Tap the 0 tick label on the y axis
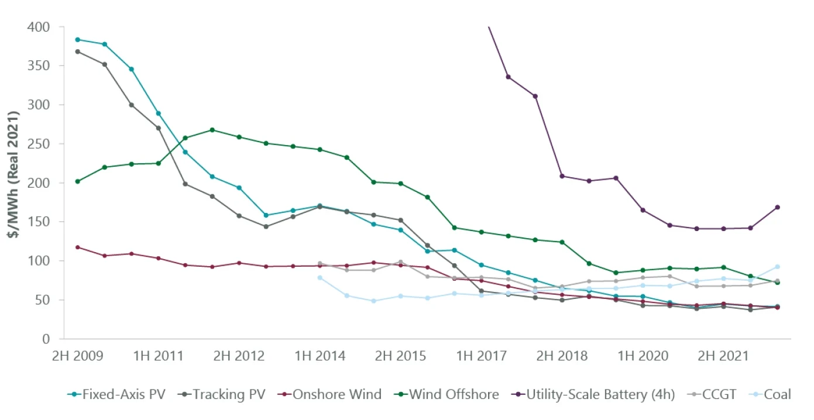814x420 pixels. [x=45, y=339]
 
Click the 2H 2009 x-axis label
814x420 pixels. [x=78, y=356]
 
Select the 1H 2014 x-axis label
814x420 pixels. [x=320, y=356]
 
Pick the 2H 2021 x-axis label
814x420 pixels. [x=723, y=356]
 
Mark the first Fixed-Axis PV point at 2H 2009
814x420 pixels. [x=77, y=40]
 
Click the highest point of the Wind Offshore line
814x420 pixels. [x=212, y=130]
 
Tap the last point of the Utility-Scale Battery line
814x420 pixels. [x=777, y=207]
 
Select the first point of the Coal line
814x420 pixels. [x=320, y=277]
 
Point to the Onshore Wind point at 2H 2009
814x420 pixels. [x=77, y=247]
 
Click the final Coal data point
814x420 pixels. [x=777, y=267]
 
